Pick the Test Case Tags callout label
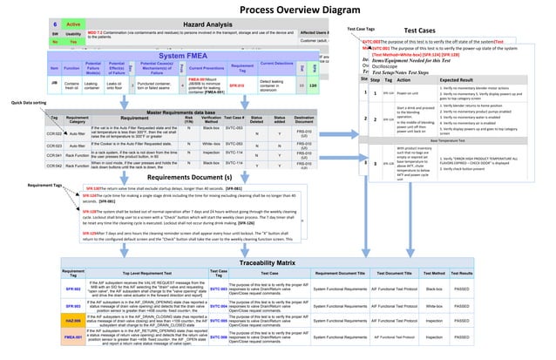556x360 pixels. (361, 29)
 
